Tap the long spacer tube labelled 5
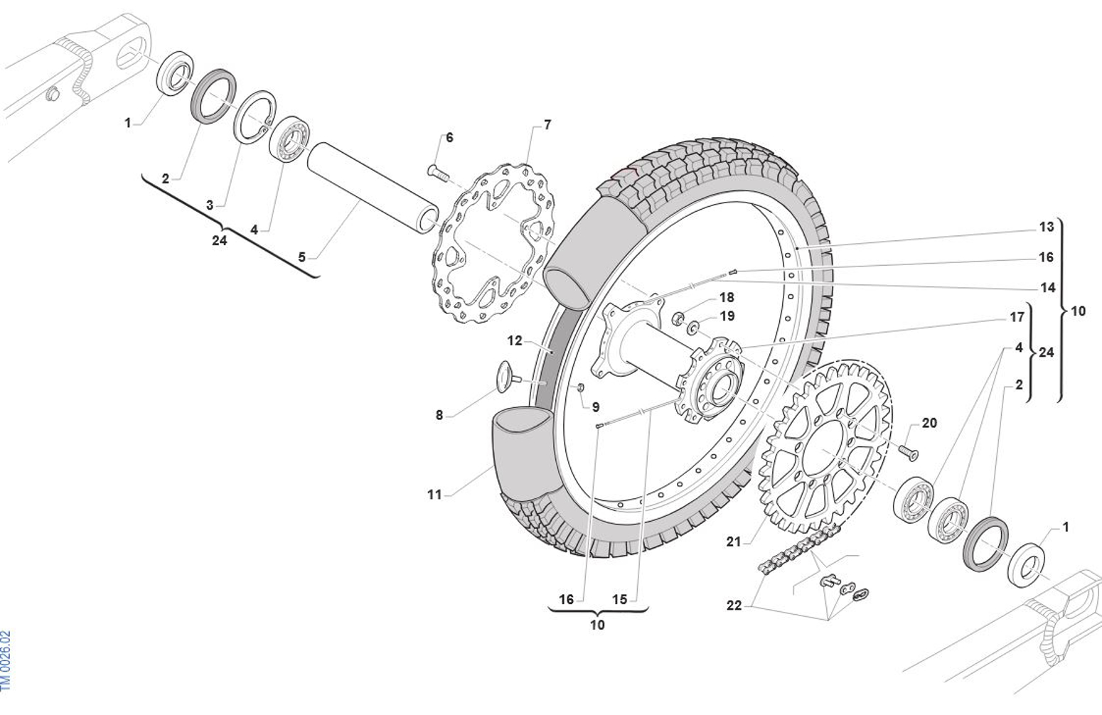[x=373, y=188]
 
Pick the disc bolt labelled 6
[x=439, y=173]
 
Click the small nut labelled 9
[x=580, y=388]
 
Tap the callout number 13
[x=1047, y=227]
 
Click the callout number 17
[x=1017, y=317]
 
